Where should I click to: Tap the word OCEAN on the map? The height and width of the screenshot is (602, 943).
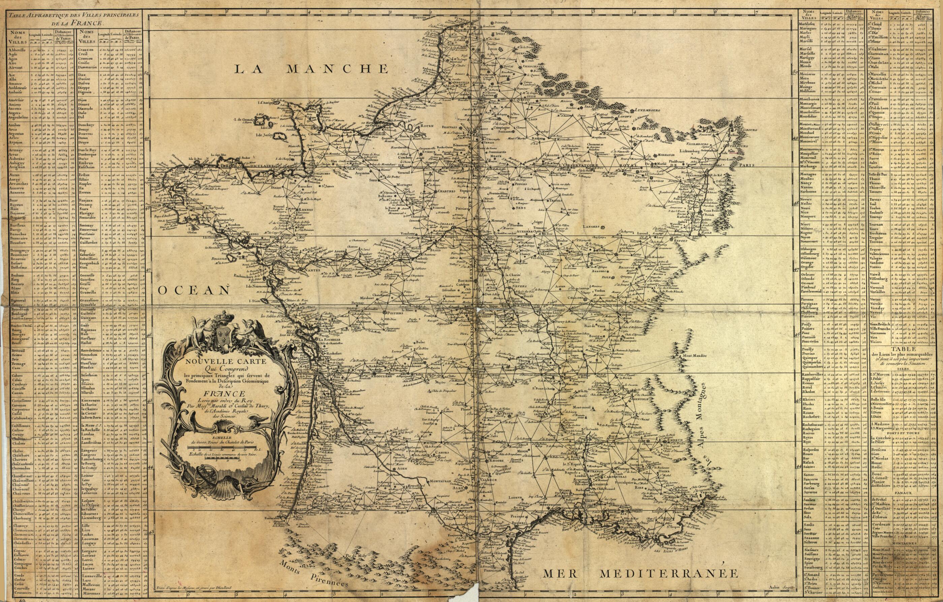194,290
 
